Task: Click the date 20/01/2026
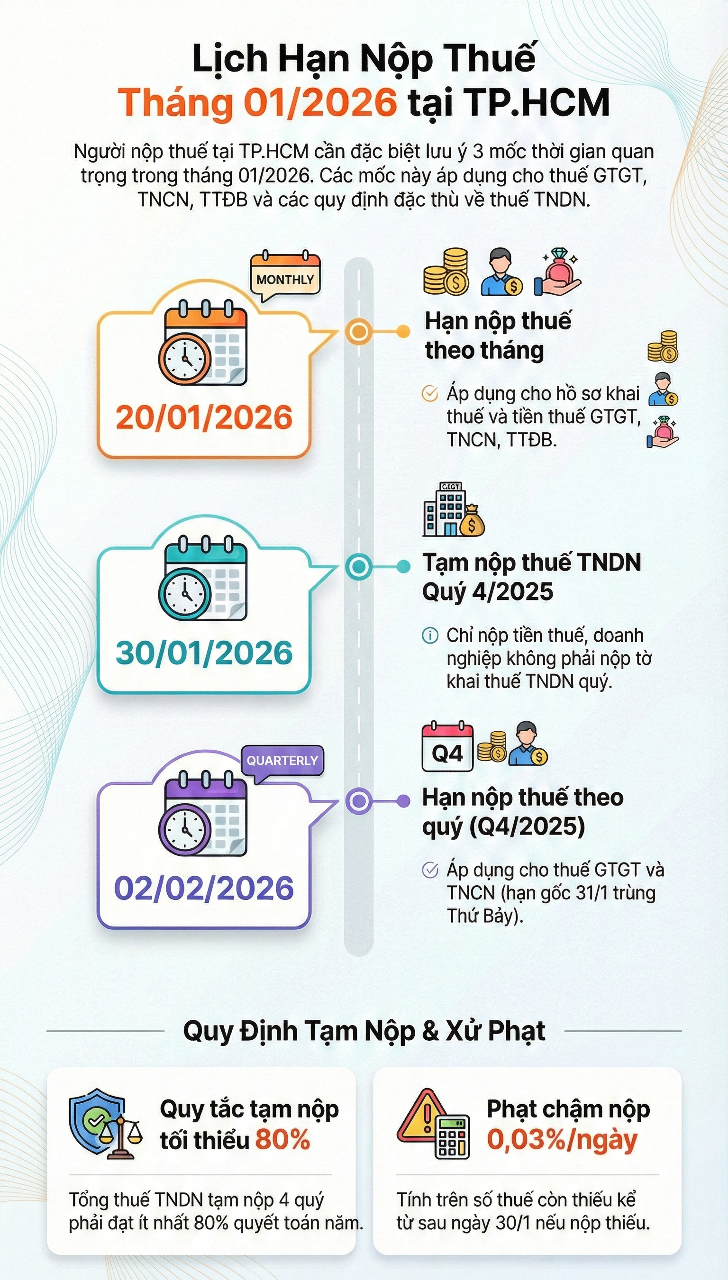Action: pyautogui.click(x=204, y=417)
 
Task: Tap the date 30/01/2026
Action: pyautogui.click(x=204, y=653)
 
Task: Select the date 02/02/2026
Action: pyautogui.click(x=204, y=888)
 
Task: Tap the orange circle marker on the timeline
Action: pyautogui.click(x=358, y=331)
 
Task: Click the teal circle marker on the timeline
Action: pyautogui.click(x=358, y=566)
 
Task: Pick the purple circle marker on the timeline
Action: pyautogui.click(x=358, y=801)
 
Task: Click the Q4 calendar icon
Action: pyautogui.click(x=447, y=746)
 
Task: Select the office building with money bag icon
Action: pyautogui.click(x=454, y=510)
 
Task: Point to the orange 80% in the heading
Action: pyautogui.click(x=283, y=1140)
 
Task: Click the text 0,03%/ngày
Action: pyautogui.click(x=563, y=1140)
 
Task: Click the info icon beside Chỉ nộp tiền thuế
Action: pyautogui.click(x=430, y=635)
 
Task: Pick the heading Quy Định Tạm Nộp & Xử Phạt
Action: pyautogui.click(x=364, y=1031)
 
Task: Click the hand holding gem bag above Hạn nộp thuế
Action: pyautogui.click(x=557, y=272)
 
